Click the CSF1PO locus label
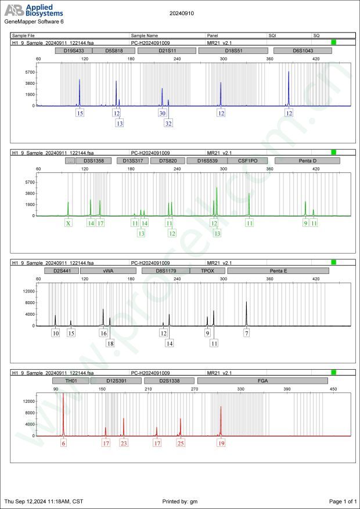point(247,160)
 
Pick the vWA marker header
point(108,270)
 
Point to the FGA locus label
point(262,381)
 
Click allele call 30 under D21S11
point(162,113)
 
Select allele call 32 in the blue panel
point(168,123)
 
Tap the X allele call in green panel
point(68,223)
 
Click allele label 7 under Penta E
point(247,333)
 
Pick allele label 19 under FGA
point(221,443)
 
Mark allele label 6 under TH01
point(64,443)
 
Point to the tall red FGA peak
point(221,418)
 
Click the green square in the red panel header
point(333,372)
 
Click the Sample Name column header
point(145,35)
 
